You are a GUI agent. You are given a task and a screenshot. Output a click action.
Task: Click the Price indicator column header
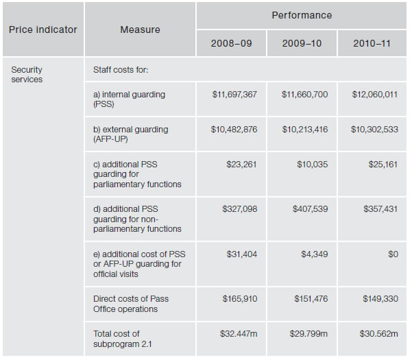[43, 29]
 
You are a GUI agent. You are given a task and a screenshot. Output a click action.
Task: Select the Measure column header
[140, 29]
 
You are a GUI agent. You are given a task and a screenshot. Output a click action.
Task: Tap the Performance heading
[302, 15]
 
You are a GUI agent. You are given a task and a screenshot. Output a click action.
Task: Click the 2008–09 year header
[232, 43]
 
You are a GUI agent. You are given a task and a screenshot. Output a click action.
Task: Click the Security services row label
[27, 74]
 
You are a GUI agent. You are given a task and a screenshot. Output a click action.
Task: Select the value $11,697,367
[235, 94]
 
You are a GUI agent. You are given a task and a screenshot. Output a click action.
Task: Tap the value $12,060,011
[374, 94]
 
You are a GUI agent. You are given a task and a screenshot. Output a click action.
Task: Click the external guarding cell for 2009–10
[304, 129]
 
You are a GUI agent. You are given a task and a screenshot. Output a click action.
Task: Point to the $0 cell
[393, 254]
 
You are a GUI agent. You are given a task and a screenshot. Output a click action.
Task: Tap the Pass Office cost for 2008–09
[240, 299]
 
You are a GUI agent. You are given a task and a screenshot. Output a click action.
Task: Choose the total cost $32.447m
[239, 333]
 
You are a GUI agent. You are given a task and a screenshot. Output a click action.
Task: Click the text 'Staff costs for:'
[121, 69]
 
